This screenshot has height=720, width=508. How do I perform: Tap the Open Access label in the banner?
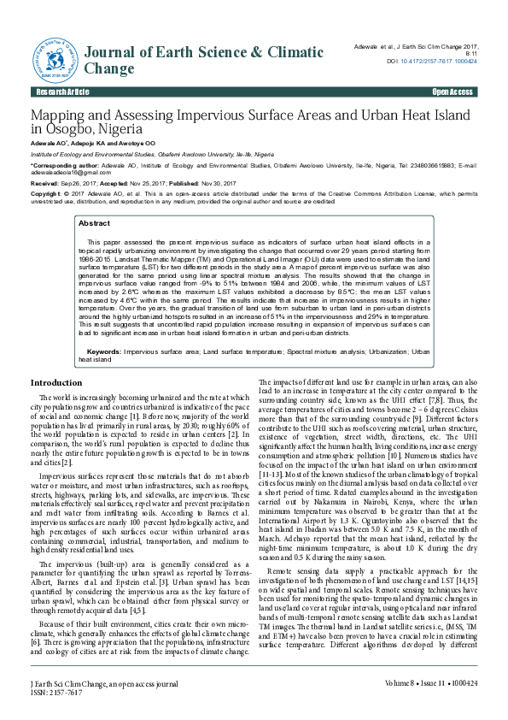tap(453, 91)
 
